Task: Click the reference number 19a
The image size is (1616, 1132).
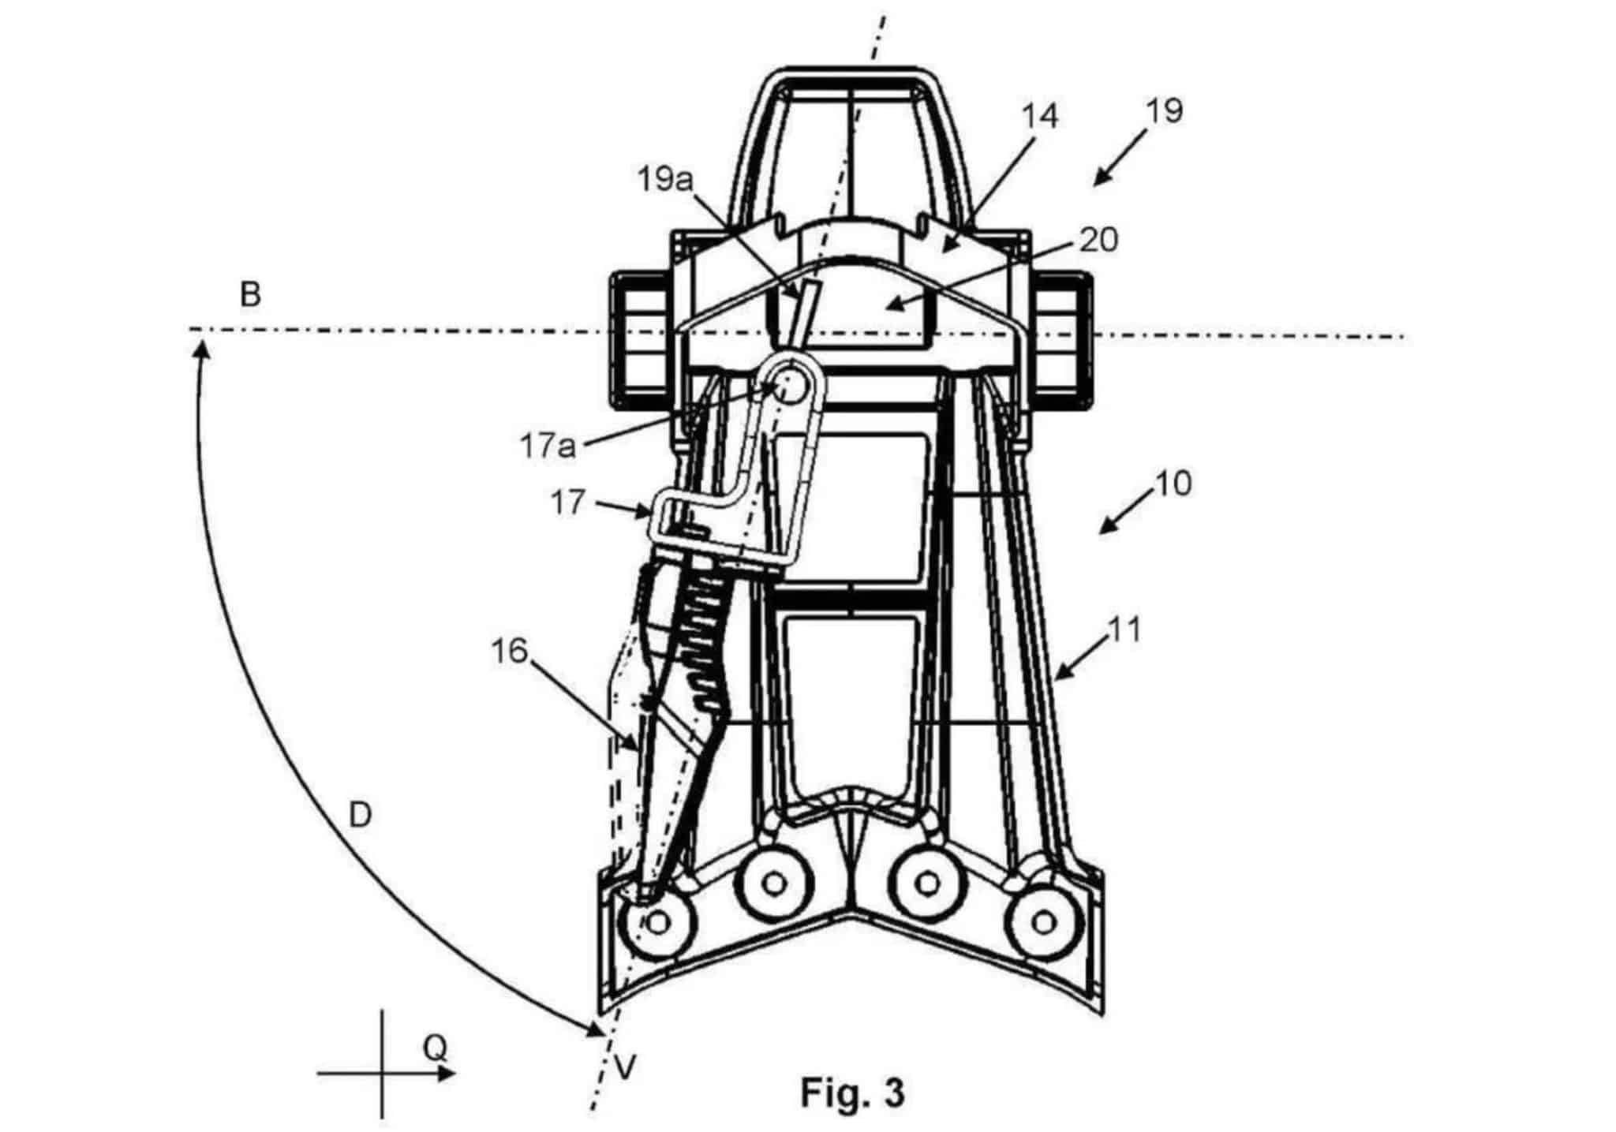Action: click(x=664, y=180)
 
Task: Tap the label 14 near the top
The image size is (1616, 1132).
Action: click(x=1039, y=116)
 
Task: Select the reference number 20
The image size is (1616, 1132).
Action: click(x=1098, y=239)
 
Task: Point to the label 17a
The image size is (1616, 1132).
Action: click(x=548, y=446)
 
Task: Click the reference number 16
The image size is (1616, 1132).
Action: click(x=509, y=652)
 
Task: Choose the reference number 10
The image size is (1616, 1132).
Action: click(x=1173, y=483)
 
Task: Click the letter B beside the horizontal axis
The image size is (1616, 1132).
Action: click(x=250, y=295)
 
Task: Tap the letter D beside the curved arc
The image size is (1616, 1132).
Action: click(x=360, y=815)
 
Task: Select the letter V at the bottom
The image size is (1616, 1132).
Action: click(x=625, y=1068)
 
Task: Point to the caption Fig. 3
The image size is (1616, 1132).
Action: click(x=853, y=1093)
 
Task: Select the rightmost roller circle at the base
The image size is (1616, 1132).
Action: click(x=1043, y=921)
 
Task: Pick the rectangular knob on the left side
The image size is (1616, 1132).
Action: click(x=641, y=341)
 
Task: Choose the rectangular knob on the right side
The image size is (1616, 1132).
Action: click(x=1062, y=341)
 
